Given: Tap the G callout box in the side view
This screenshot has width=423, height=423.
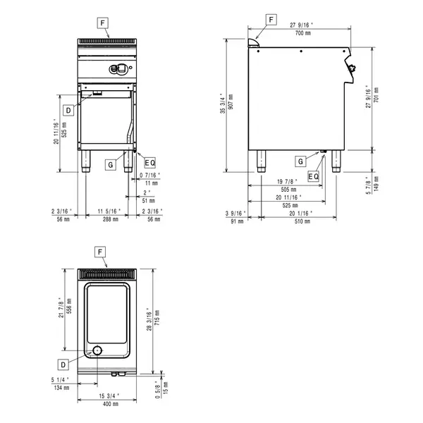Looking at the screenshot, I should pos(300,161).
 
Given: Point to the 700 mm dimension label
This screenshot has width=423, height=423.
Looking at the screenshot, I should pos(305,33).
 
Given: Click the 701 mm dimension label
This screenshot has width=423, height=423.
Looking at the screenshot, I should pos(376,97).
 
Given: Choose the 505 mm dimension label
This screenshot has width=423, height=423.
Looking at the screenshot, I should pos(288,189).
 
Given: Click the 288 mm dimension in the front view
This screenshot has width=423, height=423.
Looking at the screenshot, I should pos(108,220).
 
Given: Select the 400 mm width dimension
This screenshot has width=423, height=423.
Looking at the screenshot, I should pos(108,405).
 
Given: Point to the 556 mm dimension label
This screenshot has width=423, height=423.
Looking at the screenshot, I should pos(69,308).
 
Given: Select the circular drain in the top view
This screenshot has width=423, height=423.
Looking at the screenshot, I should pos(98,351).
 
